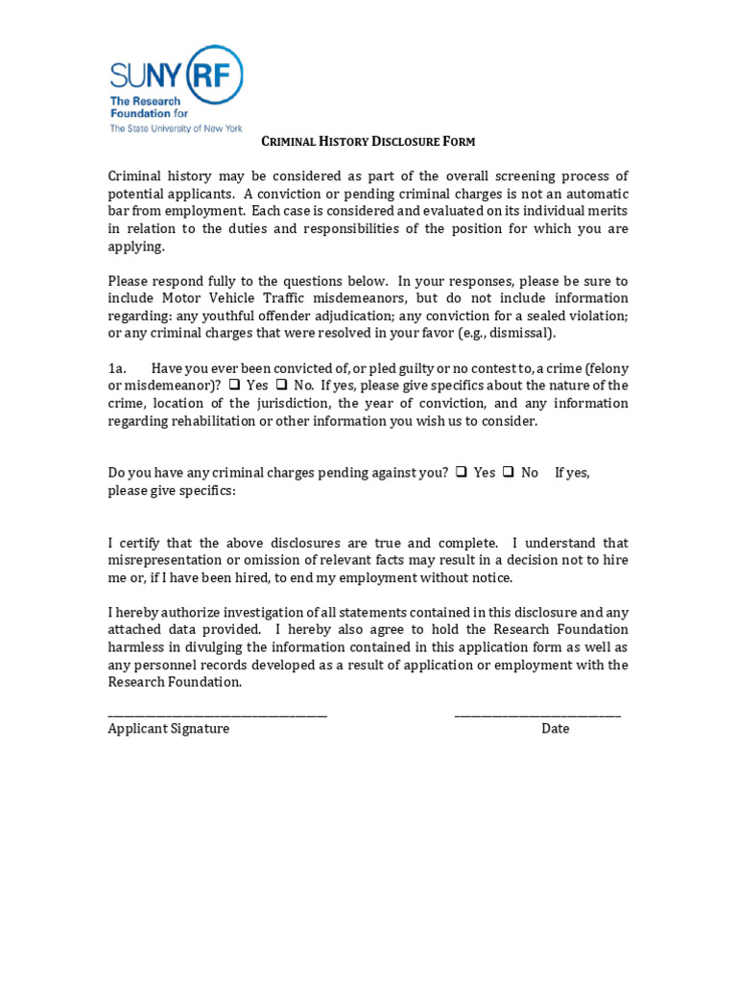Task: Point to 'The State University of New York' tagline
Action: pyautogui.click(x=176, y=129)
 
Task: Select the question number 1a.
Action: pyautogui.click(x=117, y=368)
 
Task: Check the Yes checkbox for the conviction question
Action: pyautogui.click(x=234, y=386)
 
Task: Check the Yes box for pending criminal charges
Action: pyautogui.click(x=462, y=473)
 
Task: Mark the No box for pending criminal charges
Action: pyautogui.click(x=509, y=473)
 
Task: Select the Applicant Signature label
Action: pyautogui.click(x=169, y=729)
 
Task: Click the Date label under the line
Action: pyautogui.click(x=555, y=729)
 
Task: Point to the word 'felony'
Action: pyautogui.click(x=607, y=368)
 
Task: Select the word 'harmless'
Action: pyautogui.click(x=137, y=647)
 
